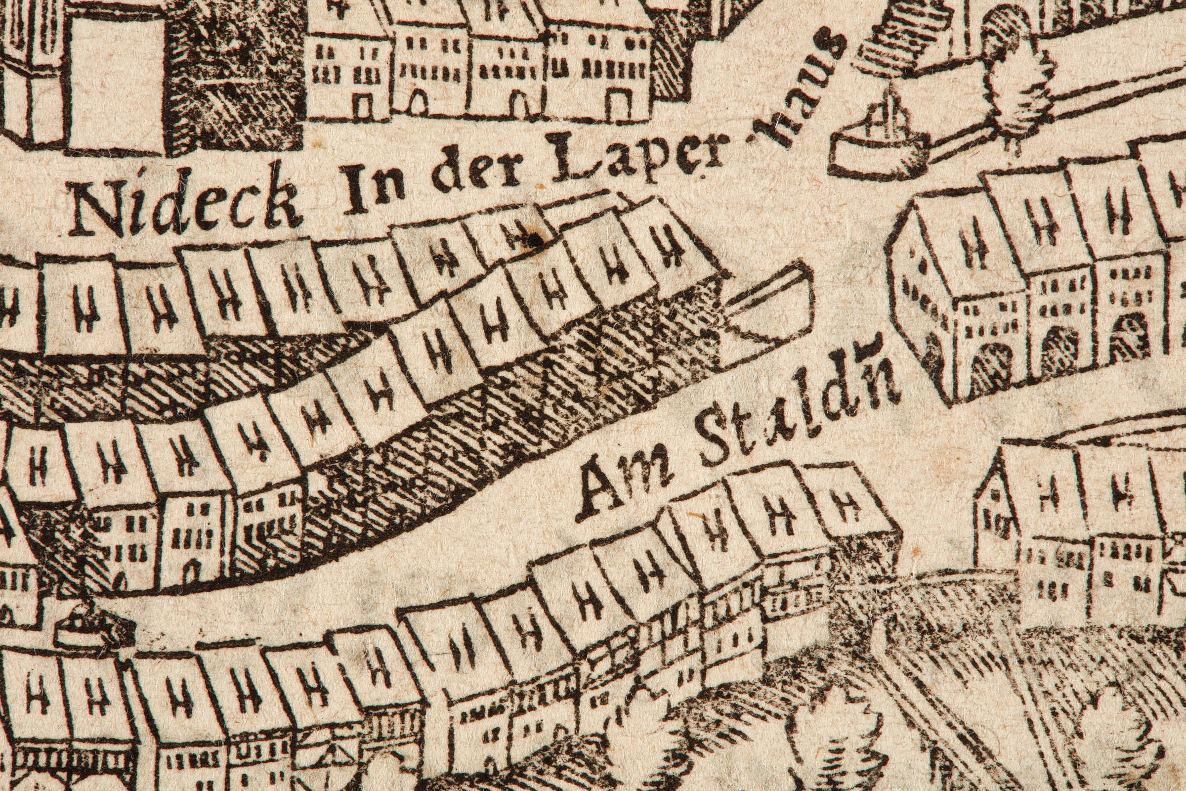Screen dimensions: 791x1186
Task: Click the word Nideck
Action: (187, 204)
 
